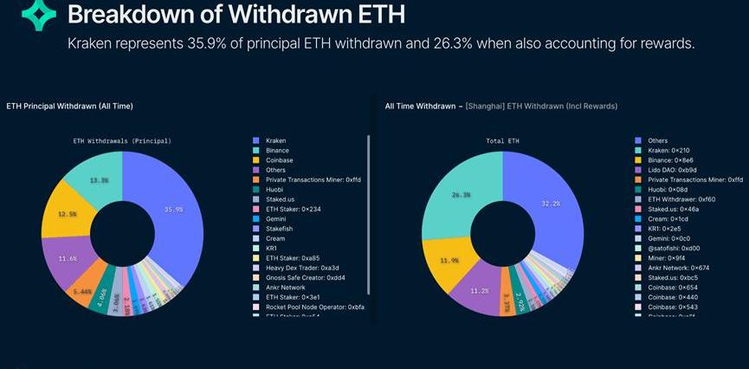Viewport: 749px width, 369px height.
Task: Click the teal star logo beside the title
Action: (x=38, y=16)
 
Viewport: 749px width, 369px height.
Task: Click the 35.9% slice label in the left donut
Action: (x=173, y=210)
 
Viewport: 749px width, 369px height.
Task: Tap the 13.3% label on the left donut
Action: (x=99, y=180)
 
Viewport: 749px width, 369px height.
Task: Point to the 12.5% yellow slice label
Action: (x=67, y=215)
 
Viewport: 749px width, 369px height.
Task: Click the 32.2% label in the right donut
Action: (x=550, y=204)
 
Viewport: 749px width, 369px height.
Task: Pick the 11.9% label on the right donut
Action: (x=449, y=260)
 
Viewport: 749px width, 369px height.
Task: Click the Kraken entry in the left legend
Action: (x=276, y=140)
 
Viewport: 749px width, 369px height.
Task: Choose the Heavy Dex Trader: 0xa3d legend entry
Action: (x=302, y=268)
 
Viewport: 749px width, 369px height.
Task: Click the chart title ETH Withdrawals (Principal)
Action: (x=122, y=140)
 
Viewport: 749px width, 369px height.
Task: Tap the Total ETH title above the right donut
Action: (x=503, y=140)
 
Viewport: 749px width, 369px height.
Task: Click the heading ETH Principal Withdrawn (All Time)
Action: (x=69, y=106)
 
